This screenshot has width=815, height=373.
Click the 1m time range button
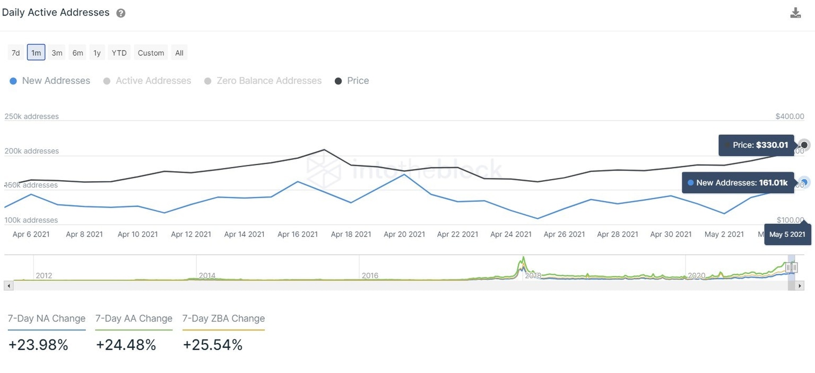[x=36, y=53]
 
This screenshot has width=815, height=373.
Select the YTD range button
[x=119, y=53]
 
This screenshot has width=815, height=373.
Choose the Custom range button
[x=151, y=53]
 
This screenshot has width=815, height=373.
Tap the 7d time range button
[x=16, y=53]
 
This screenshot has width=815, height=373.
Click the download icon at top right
[x=795, y=13]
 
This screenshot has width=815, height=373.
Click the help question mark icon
[x=121, y=13]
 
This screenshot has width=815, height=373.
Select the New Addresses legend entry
[x=50, y=81]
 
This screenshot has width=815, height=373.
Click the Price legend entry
[x=352, y=81]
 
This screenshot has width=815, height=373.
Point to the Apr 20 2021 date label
[x=404, y=234]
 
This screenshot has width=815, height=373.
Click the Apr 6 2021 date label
[x=31, y=234]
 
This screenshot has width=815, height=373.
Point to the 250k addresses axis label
[x=32, y=116]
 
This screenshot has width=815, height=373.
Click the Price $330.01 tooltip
[x=756, y=145]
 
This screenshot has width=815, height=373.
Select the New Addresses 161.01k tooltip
[x=738, y=183]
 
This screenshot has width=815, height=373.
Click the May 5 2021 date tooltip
[x=787, y=234]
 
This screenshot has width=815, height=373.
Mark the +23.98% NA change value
[x=38, y=345]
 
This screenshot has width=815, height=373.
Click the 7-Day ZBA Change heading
[x=223, y=318]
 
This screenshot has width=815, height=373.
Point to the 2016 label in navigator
[x=370, y=275]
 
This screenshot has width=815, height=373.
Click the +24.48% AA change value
[x=126, y=345]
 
